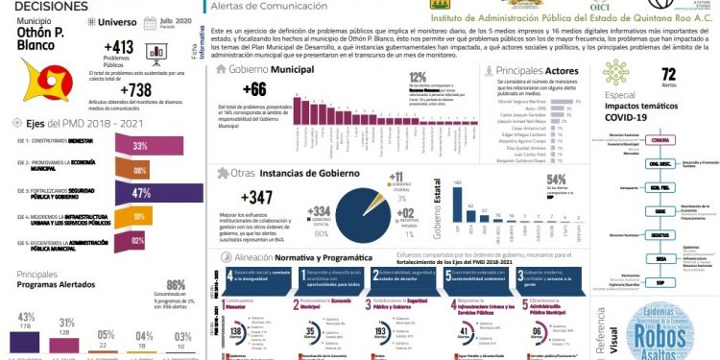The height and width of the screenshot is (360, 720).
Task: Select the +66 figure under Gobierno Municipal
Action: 254,90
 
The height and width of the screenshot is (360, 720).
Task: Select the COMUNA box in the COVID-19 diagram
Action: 634,140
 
